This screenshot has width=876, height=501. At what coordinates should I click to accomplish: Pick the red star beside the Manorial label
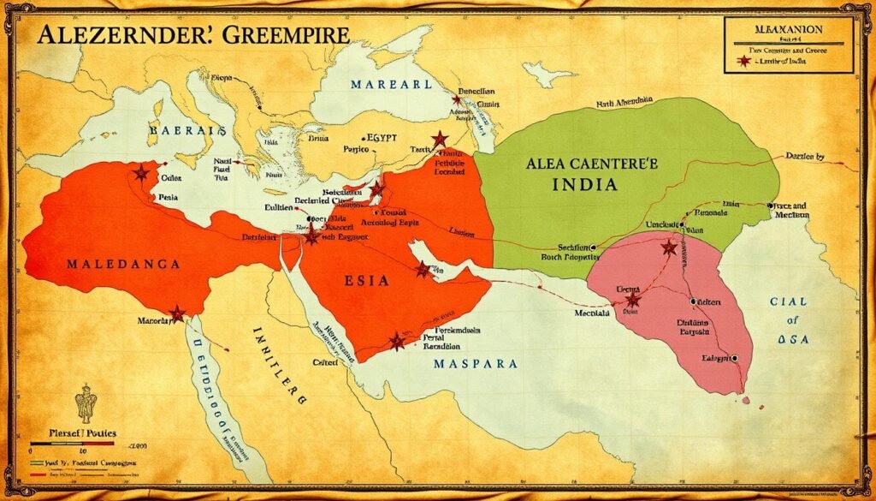pos(177,313)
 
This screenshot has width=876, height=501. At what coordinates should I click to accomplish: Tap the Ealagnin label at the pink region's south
pos(718,359)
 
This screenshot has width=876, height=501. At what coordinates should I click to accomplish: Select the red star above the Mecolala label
pos(633,300)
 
